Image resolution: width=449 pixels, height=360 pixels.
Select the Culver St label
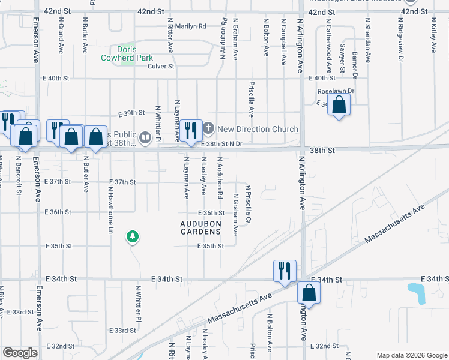[160, 66]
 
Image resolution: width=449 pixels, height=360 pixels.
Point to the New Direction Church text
[258, 129]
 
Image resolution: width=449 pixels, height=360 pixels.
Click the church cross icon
[208, 128]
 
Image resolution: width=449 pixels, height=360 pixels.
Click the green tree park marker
[132, 238]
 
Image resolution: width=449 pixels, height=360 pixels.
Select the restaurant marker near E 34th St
[284, 270]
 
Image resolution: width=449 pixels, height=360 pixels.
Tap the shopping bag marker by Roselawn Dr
[339, 105]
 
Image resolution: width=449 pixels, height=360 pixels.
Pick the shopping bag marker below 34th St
[309, 293]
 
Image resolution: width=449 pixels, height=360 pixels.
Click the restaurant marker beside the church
[191, 130]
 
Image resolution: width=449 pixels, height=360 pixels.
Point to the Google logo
[20, 353]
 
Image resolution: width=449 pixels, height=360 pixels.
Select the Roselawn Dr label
[336, 91]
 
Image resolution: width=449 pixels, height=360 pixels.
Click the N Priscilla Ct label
[247, 203]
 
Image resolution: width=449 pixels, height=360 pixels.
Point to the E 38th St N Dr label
[221, 144]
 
